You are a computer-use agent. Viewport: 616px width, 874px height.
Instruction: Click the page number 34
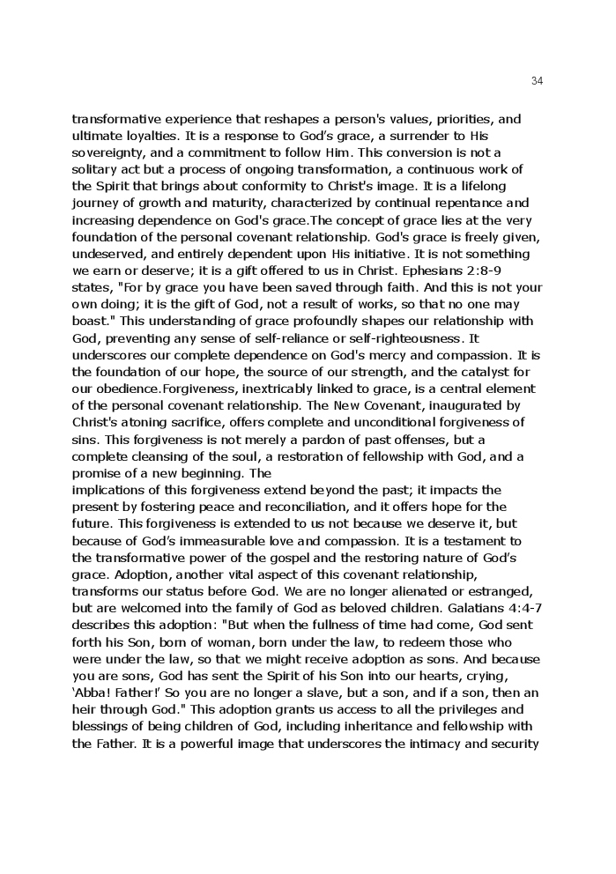click(538, 81)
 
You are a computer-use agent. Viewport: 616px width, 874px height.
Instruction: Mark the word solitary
click(93, 169)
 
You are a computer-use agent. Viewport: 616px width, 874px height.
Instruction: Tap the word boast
click(92, 321)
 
